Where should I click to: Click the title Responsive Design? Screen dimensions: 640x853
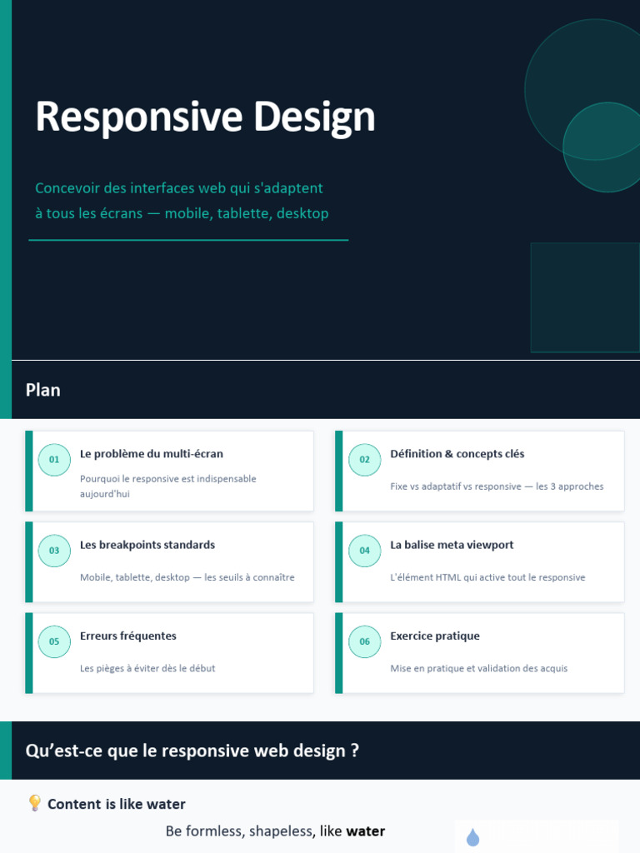click(x=205, y=117)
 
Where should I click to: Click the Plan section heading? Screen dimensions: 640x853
click(x=43, y=390)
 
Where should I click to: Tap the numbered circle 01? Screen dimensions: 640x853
click(x=54, y=460)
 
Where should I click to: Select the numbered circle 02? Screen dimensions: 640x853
click(x=365, y=460)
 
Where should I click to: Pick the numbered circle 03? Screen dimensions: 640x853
click(x=54, y=551)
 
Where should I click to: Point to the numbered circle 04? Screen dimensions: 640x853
click(x=365, y=551)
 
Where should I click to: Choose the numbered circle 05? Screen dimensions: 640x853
click(x=54, y=641)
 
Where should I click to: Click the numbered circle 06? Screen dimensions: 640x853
click(x=365, y=641)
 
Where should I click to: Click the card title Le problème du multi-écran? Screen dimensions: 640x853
click(x=152, y=454)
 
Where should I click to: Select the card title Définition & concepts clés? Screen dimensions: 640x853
click(x=457, y=454)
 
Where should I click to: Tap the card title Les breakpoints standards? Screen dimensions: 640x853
click(x=147, y=545)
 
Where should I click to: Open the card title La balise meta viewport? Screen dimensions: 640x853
click(x=452, y=545)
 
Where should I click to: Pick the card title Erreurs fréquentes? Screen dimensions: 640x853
click(x=127, y=636)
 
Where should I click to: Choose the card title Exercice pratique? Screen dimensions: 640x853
click(x=435, y=636)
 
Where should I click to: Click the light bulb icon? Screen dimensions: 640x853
click(x=34, y=803)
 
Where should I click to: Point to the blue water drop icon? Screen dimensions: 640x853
click(x=473, y=837)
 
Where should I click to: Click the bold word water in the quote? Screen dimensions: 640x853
click(x=366, y=831)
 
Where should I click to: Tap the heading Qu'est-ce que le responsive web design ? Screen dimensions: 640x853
click(x=192, y=751)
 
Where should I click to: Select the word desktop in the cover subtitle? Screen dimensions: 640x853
click(x=302, y=213)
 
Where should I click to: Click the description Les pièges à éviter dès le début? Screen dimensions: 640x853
click(x=147, y=668)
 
